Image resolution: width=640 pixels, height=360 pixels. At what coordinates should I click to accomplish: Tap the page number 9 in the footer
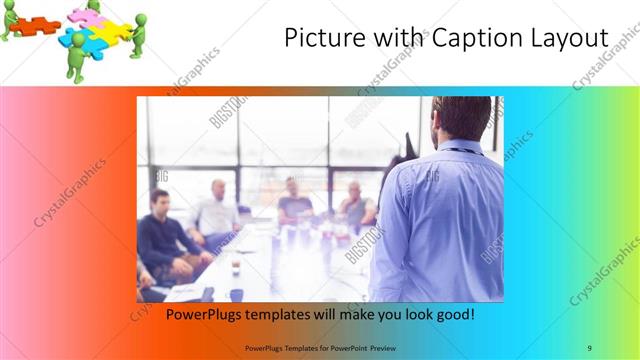pos(589,347)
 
